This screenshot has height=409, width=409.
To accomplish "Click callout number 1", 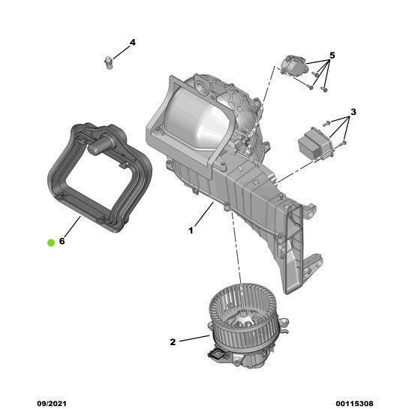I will pyautogui.click(x=191, y=230).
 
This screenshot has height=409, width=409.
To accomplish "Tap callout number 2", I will pyautogui.click(x=173, y=341).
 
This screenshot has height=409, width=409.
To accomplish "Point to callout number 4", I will pyautogui.click(x=133, y=43).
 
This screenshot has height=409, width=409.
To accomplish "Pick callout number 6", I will pyautogui.click(x=62, y=242).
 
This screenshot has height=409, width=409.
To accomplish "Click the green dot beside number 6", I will pyautogui.click(x=50, y=242).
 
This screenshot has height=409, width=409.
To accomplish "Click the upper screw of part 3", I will pyautogui.click(x=327, y=122).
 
